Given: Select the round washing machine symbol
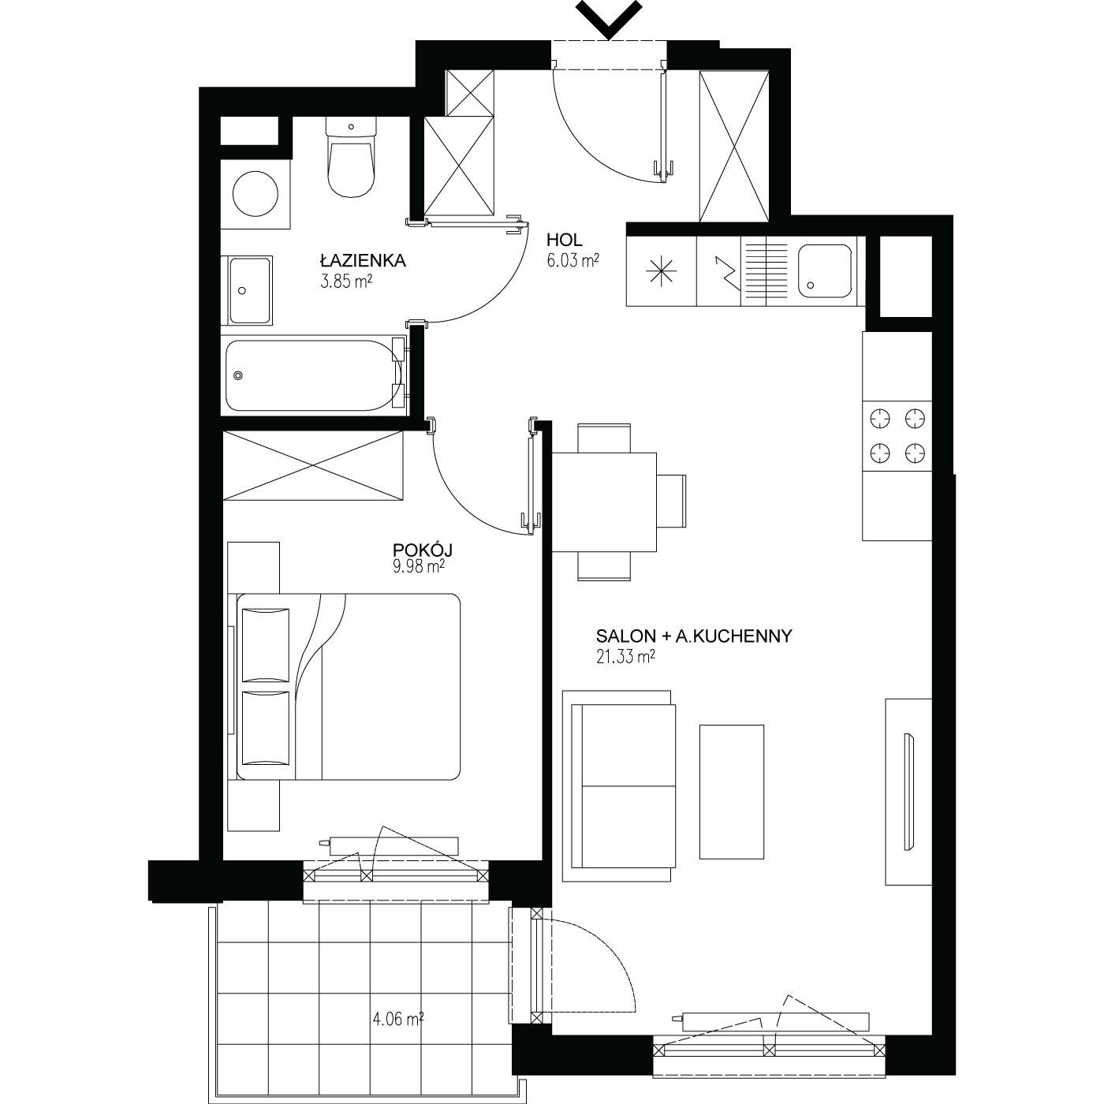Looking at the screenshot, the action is click(x=255, y=194).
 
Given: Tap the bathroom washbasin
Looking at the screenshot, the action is click(x=249, y=290).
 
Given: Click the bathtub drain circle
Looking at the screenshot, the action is click(x=238, y=375).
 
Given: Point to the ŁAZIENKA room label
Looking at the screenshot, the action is click(x=363, y=261).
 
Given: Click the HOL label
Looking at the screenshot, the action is click(x=564, y=240).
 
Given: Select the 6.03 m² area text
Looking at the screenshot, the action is click(x=573, y=261).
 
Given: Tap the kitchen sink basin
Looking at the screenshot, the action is click(x=824, y=271).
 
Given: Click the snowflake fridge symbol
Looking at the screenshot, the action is click(x=661, y=271).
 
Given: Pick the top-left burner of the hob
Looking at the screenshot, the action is click(x=879, y=419).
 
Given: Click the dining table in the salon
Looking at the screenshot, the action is click(x=604, y=502).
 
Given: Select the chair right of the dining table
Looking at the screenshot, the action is click(x=671, y=502).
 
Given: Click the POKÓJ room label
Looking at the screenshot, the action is click(x=423, y=550).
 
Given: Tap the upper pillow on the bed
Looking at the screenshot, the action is click(x=266, y=645).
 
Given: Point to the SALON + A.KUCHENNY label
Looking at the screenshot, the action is click(x=694, y=636).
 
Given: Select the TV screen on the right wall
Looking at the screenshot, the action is click(x=908, y=791).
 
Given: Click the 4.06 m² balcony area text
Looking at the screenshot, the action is click(x=398, y=1019).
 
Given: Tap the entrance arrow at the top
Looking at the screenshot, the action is click(x=609, y=19).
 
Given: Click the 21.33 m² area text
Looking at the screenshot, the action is click(x=625, y=657).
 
